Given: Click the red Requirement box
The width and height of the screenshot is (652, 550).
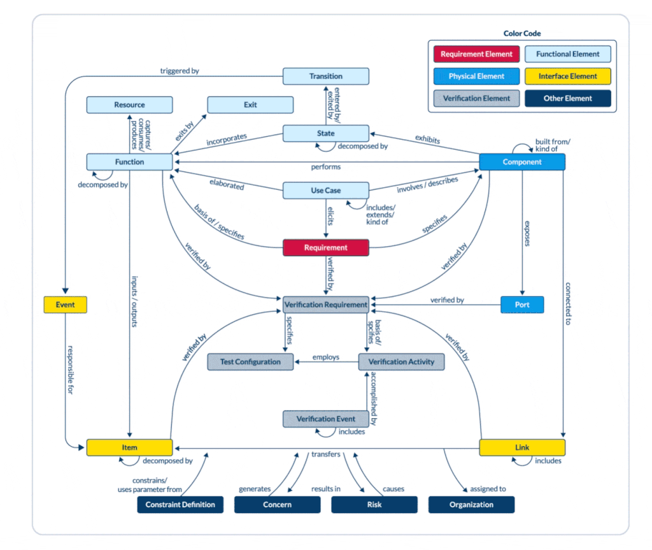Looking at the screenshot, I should coord(325,248).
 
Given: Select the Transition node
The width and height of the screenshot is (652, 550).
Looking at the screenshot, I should coord(325,76).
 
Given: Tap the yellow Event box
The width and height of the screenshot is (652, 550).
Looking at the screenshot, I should coord(65,305).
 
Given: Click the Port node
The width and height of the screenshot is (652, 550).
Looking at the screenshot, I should coord(522,305).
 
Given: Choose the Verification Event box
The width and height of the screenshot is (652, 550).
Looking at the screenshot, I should coord(325,419).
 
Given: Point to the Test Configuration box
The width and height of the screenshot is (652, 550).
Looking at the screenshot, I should coord(250,362).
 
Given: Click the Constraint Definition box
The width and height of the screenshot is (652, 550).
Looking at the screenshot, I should coord(180,505).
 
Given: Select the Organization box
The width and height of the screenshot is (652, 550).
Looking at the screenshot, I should coord(471,505).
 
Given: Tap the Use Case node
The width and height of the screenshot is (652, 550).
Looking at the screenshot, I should coord(325,191).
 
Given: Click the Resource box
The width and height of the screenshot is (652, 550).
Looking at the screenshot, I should coord(129,105).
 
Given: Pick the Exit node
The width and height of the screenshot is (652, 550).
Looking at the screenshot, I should coord(250,105).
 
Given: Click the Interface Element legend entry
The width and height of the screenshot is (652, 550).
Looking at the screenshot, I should coord(568,76).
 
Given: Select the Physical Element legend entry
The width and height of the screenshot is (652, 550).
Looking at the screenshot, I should coord(476,76).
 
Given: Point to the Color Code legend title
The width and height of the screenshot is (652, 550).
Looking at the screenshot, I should coord(522,34).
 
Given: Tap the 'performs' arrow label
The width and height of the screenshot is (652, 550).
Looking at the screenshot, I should coord(325,167).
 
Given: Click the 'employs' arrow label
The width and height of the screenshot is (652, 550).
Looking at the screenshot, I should coord(325,358).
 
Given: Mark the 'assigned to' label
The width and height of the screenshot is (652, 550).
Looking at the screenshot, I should coord(488,489).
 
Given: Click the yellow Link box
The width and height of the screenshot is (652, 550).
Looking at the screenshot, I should coord(522,447).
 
